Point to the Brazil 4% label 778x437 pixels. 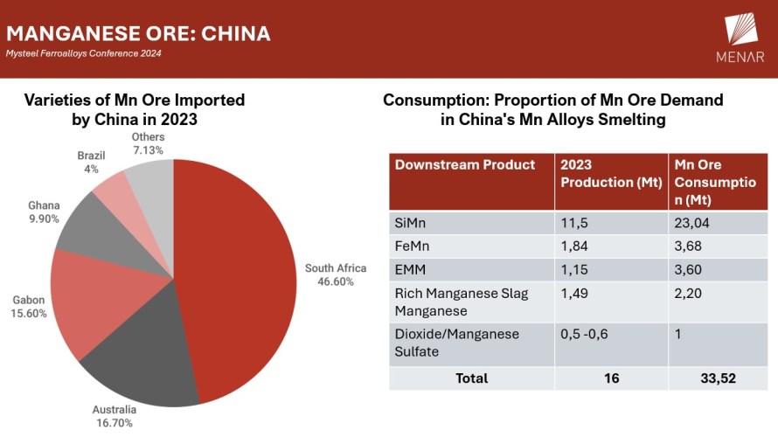pyautogui.click(x=91, y=162)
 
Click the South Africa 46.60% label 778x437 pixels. pyautogui.click(x=335, y=274)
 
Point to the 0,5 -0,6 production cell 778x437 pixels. pyautogui.click(x=582, y=335)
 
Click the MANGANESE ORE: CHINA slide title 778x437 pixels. pyautogui.click(x=138, y=33)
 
